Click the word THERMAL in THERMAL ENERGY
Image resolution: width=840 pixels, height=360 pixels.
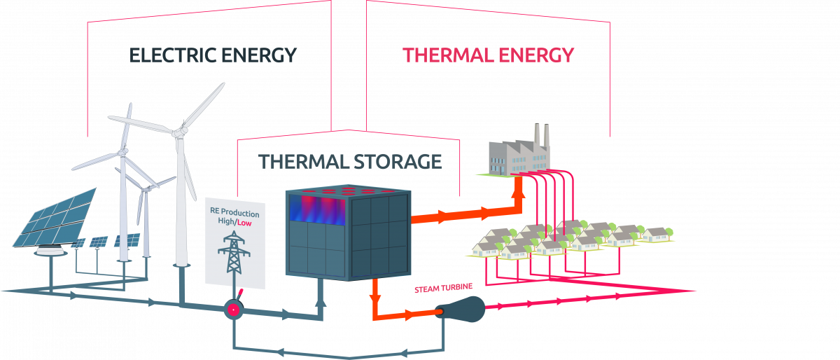(x=446, y=55)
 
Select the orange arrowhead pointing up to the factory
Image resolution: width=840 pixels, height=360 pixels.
(x=518, y=186)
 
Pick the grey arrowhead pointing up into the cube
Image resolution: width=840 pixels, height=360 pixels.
(x=321, y=302)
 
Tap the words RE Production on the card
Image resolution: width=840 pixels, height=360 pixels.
(x=234, y=213)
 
